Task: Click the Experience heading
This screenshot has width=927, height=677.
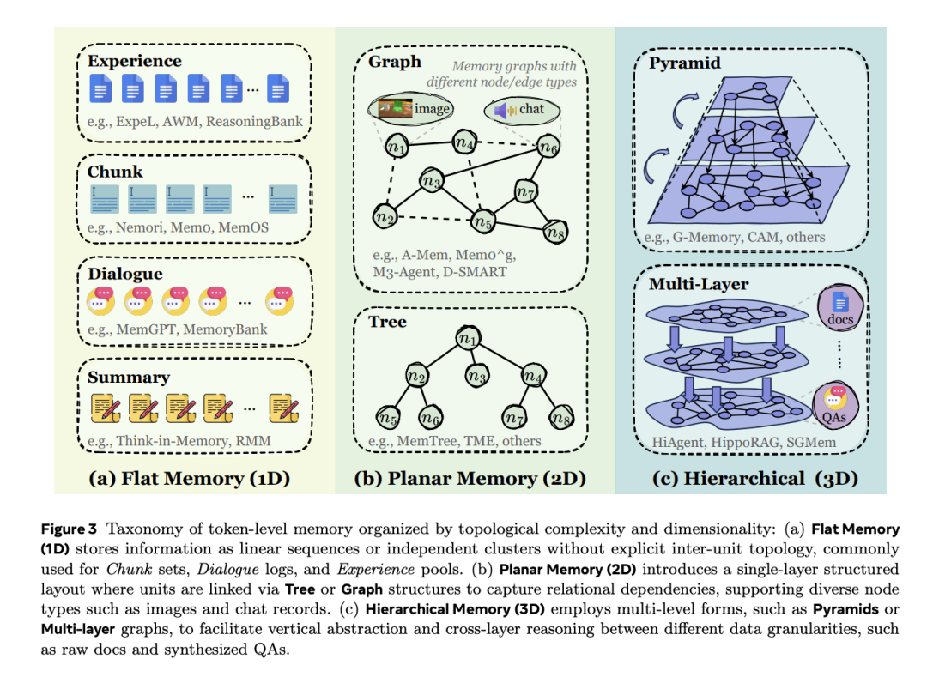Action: (x=134, y=61)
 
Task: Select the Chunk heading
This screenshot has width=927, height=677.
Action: (x=115, y=172)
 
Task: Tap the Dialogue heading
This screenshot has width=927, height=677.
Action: (x=124, y=275)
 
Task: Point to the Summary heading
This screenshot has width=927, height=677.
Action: (x=128, y=377)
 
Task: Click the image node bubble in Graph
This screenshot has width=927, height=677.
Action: (x=410, y=109)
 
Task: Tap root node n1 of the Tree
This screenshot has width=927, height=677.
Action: (x=468, y=340)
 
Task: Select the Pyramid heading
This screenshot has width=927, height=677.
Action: (x=684, y=63)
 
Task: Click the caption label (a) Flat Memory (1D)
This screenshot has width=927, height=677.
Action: (x=189, y=478)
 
